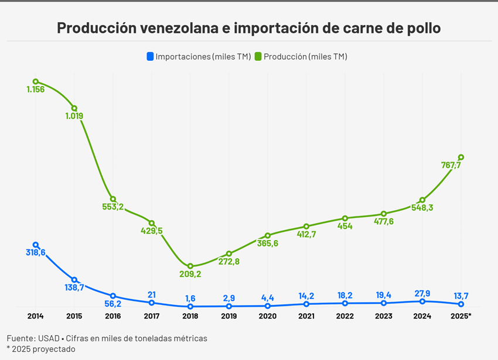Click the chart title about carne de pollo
pyautogui.click(x=248, y=28)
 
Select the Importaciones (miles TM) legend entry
pyautogui.click(x=198, y=57)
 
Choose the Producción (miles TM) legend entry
pyautogui.click(x=301, y=57)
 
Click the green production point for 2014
pyautogui.click(x=36, y=82)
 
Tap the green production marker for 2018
pyautogui.click(x=190, y=266)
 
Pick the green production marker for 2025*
pyautogui.click(x=461, y=157)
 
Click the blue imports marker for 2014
pyautogui.click(x=36, y=245)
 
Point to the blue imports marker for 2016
pyautogui.click(x=113, y=296)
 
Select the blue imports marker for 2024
pyautogui.click(x=422, y=301)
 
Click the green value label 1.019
pyautogui.click(x=74, y=116)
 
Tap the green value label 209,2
pyautogui.click(x=190, y=274)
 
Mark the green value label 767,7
pyautogui.click(x=451, y=165)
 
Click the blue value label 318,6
pyautogui.click(x=36, y=252)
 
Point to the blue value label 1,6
pyautogui.click(x=190, y=297)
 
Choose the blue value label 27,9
pyautogui.click(x=422, y=292)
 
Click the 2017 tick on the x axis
pyautogui.click(x=152, y=316)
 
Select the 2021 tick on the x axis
pyautogui.click(x=306, y=316)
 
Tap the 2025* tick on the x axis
pyautogui.click(x=462, y=316)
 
